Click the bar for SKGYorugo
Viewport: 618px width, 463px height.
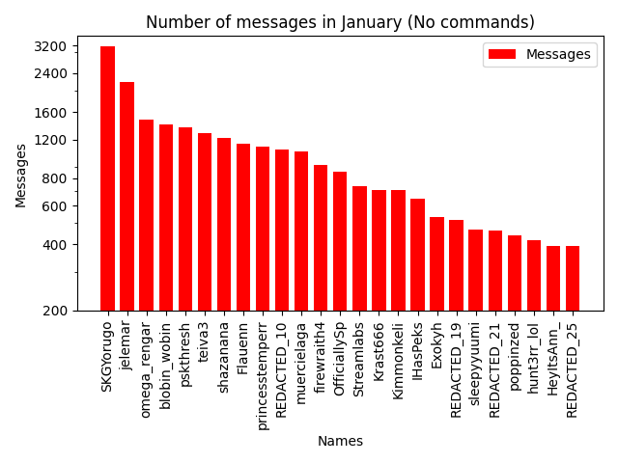point(107,178)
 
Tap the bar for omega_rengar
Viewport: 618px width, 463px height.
point(146,215)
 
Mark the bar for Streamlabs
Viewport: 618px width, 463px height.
point(359,248)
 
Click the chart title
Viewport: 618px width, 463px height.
point(340,22)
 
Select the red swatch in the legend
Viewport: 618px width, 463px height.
point(502,55)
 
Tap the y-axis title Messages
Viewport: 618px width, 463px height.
point(21,175)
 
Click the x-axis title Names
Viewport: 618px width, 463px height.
point(340,441)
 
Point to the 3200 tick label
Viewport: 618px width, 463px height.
point(51,46)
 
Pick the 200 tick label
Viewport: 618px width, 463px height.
point(55,311)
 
